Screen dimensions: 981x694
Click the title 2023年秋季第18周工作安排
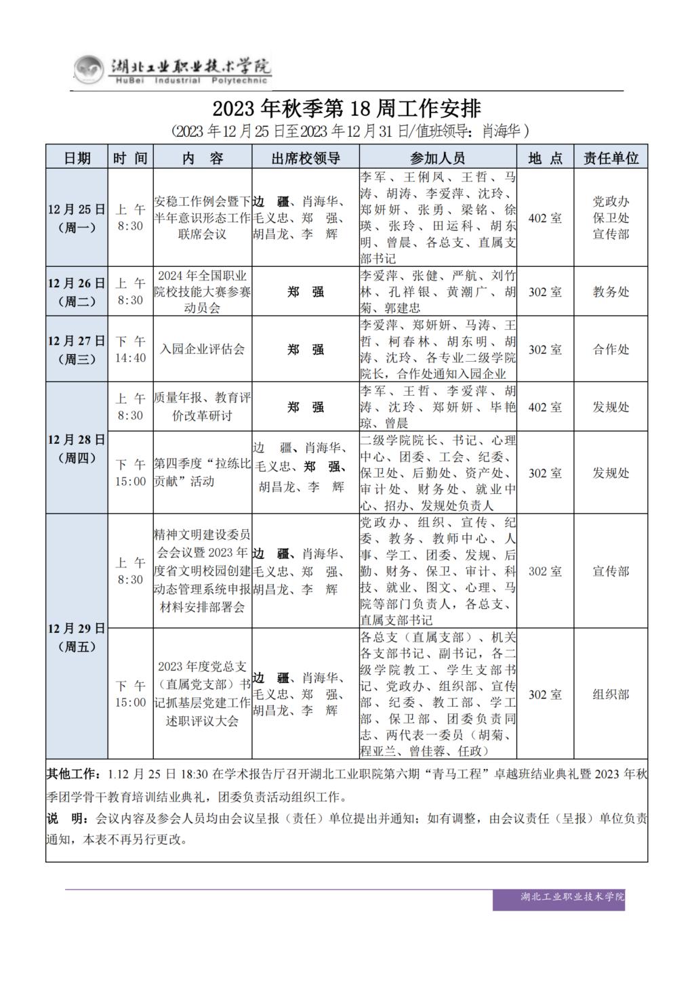point(346,108)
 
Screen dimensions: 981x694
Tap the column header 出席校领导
point(306,158)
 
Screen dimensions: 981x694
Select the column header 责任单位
point(611,158)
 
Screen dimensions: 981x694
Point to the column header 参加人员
point(438,158)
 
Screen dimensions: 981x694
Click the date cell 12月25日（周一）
point(77,217)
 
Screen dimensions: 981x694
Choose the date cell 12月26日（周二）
point(77,292)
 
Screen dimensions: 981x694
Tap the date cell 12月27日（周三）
point(77,350)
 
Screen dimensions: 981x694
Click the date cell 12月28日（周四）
point(77,448)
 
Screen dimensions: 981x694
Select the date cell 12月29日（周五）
point(77,637)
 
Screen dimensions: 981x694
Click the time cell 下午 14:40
point(130,350)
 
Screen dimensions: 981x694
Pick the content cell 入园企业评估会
point(203,350)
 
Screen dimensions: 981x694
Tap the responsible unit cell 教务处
point(611,292)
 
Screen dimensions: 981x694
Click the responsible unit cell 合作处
point(611,350)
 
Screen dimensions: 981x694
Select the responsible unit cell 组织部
point(611,694)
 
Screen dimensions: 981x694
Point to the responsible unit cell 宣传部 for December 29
point(611,571)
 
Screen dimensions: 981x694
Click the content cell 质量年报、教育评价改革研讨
point(203,406)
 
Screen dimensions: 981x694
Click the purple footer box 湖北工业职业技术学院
point(572,897)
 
